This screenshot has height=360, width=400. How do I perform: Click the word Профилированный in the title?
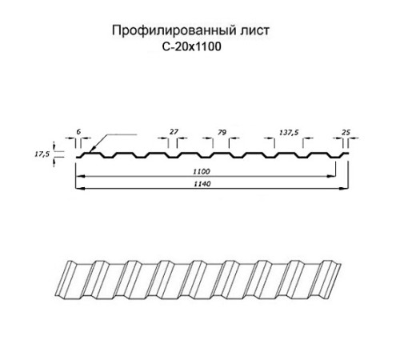pos(174,30)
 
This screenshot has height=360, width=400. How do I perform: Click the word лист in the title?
pos(255,30)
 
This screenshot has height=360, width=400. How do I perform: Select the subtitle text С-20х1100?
pos(192,47)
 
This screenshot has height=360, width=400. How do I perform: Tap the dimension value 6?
pos(78,131)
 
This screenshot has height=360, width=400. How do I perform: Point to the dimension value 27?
pos(174,131)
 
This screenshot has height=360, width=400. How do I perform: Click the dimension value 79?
pos(222,132)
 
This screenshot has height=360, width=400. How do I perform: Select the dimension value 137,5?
pos(289,132)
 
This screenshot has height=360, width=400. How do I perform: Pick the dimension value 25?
pos(346,132)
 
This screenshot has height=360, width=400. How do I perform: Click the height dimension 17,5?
pos(42,154)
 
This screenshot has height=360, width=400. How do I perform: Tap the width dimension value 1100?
pos(202,171)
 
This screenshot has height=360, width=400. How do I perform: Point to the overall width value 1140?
pos(202,184)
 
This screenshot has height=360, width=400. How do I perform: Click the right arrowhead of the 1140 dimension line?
pos(345,189)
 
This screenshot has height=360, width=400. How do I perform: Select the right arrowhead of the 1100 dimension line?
pos(331,176)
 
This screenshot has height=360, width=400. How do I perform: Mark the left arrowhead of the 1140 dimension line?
pos(80,189)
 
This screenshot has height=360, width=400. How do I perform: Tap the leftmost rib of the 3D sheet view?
pos(66,278)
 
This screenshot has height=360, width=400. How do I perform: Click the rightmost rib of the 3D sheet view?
pos(330,279)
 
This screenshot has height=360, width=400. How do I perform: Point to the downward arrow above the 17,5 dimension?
pos(54,146)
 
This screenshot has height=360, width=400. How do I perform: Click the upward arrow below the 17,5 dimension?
pos(54,162)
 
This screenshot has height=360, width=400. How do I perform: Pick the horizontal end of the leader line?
pos(137,134)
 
